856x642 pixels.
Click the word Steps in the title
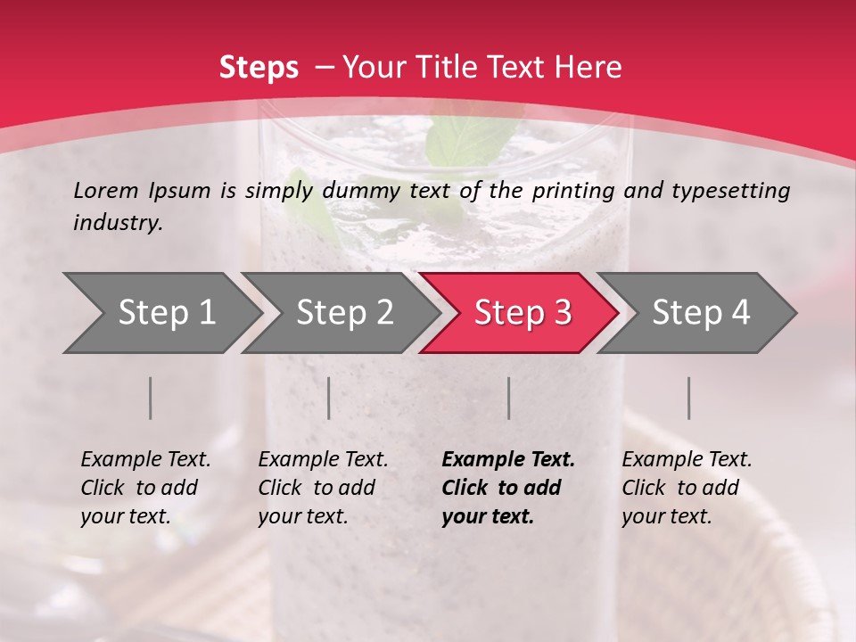(x=259, y=68)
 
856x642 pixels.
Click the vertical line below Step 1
(x=151, y=398)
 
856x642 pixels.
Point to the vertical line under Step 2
(x=329, y=398)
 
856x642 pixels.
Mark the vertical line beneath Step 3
(x=509, y=398)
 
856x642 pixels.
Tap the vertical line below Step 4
(x=689, y=398)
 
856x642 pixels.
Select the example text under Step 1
(x=145, y=488)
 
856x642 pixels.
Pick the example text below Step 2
(x=323, y=488)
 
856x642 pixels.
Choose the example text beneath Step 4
(x=687, y=488)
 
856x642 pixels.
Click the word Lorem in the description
(x=106, y=190)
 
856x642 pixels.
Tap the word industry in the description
(x=118, y=223)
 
